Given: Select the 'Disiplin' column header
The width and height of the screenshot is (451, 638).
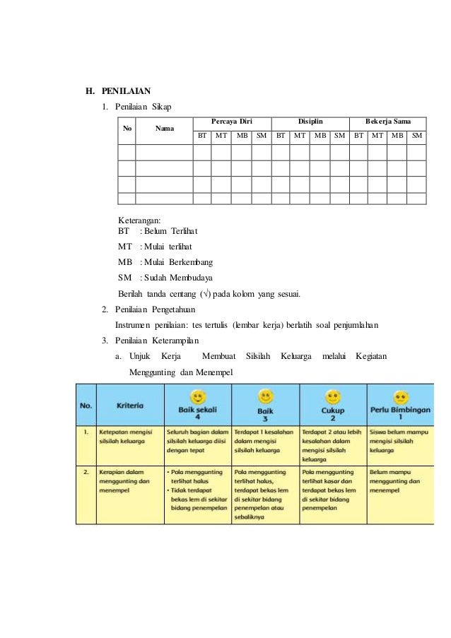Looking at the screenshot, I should pyautogui.click(x=310, y=122).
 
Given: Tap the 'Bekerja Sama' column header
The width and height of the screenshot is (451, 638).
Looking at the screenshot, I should pyautogui.click(x=388, y=122).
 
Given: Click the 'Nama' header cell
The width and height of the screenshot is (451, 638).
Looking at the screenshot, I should pyautogui.click(x=165, y=129).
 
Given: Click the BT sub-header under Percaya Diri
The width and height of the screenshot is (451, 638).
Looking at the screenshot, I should pyautogui.click(x=202, y=134).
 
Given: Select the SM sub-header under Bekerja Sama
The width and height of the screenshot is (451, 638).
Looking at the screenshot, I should pyautogui.click(x=417, y=134).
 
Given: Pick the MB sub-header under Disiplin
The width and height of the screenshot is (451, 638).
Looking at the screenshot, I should pyautogui.click(x=320, y=134).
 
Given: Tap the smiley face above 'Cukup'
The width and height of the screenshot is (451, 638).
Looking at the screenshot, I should pyautogui.click(x=332, y=396).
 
